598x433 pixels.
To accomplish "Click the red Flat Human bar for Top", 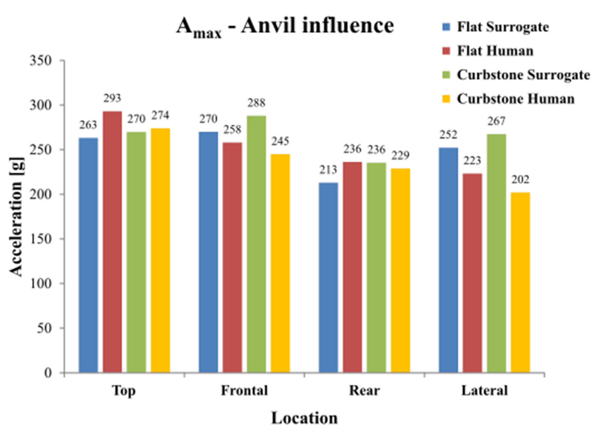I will point(112,242).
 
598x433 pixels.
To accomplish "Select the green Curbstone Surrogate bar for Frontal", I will point(256,244).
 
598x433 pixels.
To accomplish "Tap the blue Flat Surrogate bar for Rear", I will point(328,277).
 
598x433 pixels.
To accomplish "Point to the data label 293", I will point(112,98).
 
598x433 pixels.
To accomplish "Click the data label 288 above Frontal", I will point(256,103).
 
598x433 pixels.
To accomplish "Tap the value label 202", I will point(520,180).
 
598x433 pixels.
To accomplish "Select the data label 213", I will point(328,170).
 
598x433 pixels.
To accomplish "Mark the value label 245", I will point(280,141).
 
